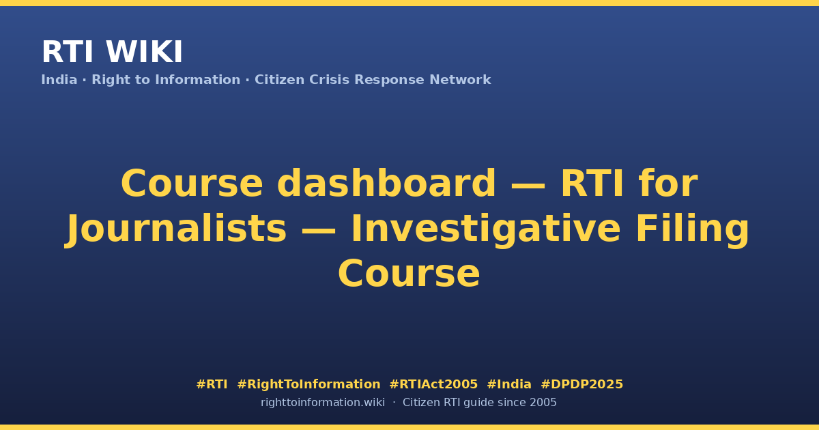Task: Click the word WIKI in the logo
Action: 144,53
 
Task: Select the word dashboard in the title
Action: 386,183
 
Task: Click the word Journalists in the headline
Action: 176,229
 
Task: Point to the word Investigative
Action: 486,229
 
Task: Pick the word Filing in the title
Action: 693,229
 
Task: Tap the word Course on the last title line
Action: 409,274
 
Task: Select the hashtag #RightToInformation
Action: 308,384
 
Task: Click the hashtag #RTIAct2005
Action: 433,384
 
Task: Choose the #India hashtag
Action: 509,384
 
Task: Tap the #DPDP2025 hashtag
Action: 581,384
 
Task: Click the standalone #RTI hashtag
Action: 212,384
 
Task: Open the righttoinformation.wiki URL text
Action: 323,403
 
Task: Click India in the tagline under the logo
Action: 59,80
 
